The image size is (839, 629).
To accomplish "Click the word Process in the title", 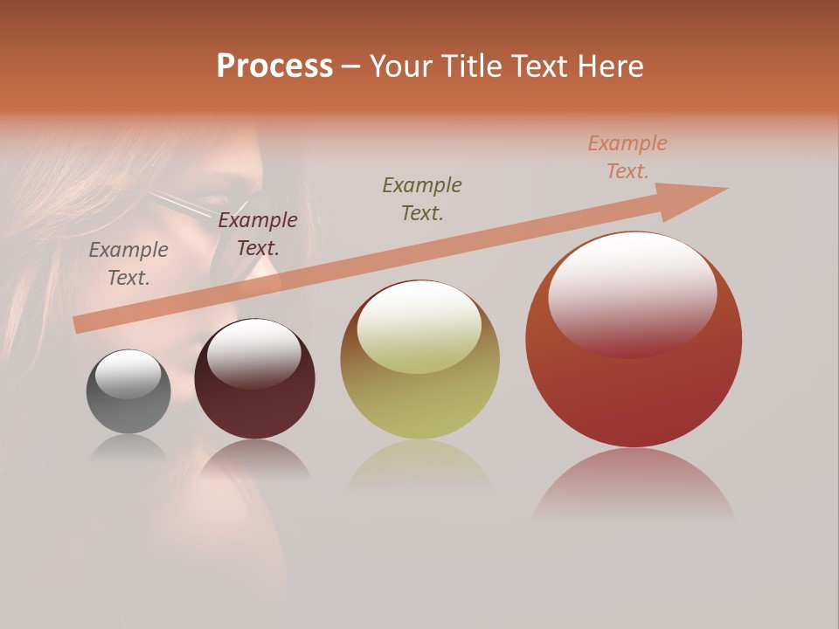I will tap(274, 66).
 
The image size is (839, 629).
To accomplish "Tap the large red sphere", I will tap(633, 384).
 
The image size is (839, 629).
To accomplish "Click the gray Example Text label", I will tap(128, 264).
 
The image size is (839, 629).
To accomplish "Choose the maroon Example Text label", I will tap(258, 234).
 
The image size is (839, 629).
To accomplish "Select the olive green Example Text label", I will tap(422, 198).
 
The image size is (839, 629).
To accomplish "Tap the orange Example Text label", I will tap(628, 157).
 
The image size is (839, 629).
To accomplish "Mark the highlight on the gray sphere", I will tap(128, 374).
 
